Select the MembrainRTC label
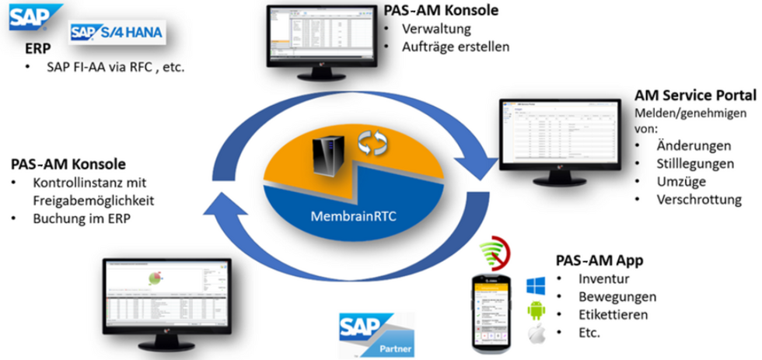coord(361,215)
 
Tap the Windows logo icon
coord(536,281)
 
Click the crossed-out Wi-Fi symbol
coord(497,252)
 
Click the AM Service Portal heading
coord(695,96)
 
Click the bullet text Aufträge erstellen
coord(456,47)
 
